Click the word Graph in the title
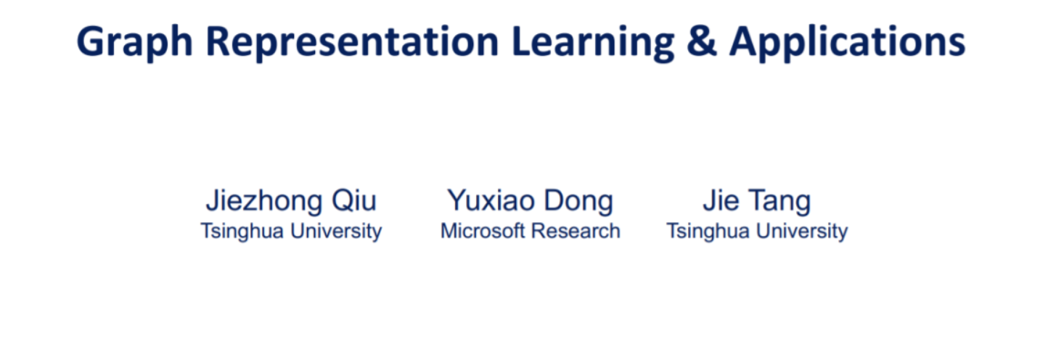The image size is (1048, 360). (135, 43)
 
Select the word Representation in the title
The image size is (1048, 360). (352, 43)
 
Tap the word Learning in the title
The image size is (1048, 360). (593, 43)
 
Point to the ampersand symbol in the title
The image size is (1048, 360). (701, 42)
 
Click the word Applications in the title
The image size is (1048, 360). (847, 43)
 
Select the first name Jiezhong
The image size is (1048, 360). (264, 201)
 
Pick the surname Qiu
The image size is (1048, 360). (353, 201)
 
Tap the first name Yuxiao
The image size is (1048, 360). (491, 201)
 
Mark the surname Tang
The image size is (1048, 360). (780, 201)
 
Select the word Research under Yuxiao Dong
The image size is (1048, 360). (576, 231)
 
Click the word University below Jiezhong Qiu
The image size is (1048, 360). (336, 232)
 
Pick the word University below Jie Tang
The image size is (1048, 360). (802, 232)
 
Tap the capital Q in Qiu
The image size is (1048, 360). (343, 201)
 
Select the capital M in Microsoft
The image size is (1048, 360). (449, 231)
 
